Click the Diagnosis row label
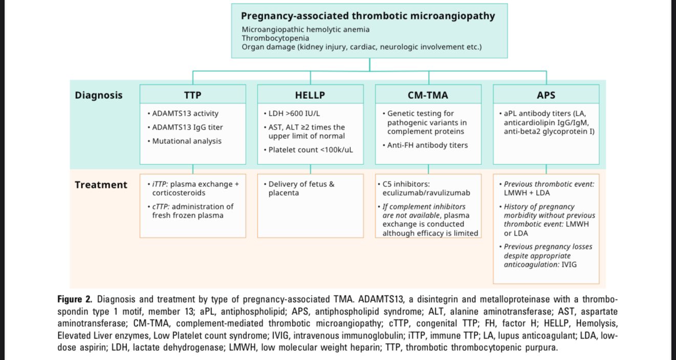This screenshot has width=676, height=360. pos(99,95)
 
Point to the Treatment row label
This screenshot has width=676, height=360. pos(101,185)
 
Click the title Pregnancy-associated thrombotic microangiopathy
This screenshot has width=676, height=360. pos(368,16)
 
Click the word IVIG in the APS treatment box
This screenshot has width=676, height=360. pos(569,265)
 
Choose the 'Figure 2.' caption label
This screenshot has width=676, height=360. pos(75,300)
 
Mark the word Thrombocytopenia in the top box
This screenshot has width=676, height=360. pos(275,38)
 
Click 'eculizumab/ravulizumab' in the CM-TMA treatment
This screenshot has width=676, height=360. pos(426,193)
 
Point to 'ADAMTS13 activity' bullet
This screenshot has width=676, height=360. pos(185,114)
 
